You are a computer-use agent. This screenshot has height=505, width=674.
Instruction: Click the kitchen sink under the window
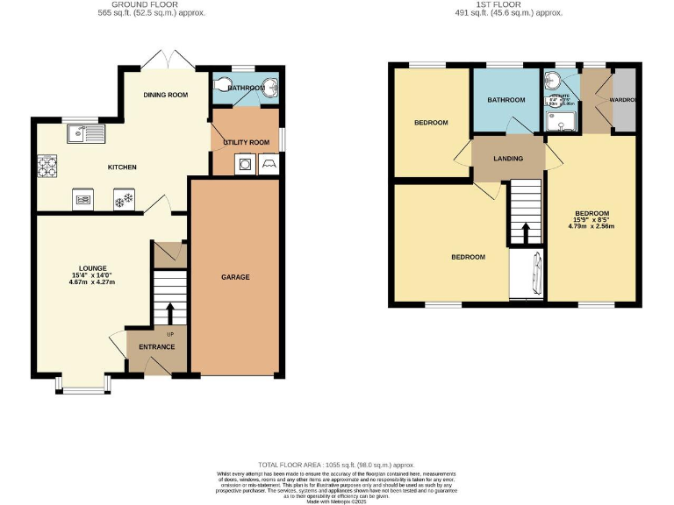pos(86,134)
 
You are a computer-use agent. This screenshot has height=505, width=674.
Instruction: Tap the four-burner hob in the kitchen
pos(46,167)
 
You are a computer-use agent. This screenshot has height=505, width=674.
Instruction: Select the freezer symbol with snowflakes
pos(125,201)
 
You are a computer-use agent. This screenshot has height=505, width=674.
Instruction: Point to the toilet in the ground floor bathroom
pos(222,86)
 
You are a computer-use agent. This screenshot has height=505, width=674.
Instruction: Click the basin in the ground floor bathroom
pos(269,86)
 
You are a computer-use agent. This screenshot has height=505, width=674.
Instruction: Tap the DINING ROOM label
pos(167,95)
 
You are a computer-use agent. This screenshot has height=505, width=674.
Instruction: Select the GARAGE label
pos(235,277)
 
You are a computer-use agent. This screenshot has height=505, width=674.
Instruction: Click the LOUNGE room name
pos(92,268)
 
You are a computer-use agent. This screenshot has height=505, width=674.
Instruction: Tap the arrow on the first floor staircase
pos(526,232)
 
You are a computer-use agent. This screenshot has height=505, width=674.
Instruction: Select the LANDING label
pos(508,159)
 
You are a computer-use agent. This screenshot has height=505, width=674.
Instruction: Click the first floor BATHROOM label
pos(506,100)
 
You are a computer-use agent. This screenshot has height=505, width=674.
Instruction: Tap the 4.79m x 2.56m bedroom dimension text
pos(592,227)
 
